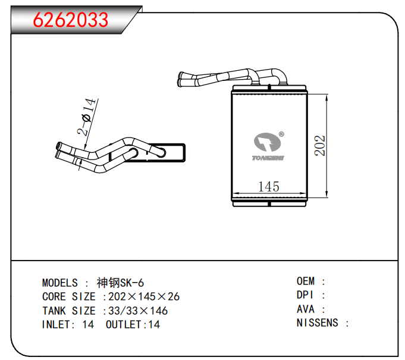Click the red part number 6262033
coord(71,20)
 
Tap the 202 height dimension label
coord(319,146)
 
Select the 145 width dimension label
coord(269,187)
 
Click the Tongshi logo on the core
coord(268,146)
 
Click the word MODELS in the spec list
coord(60,283)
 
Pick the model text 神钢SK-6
coord(120,283)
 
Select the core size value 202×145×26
coord(144,297)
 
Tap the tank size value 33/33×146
coord(138,311)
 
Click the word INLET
coord(57,324)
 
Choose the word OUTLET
coord(124,324)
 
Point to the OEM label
coord(306,281)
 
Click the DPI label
coord(305,295)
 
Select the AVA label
coord(306,309)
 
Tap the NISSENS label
coord(318,323)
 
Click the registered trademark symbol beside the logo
coord(281,134)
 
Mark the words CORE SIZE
coord(69,297)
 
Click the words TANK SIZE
coord(69,311)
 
